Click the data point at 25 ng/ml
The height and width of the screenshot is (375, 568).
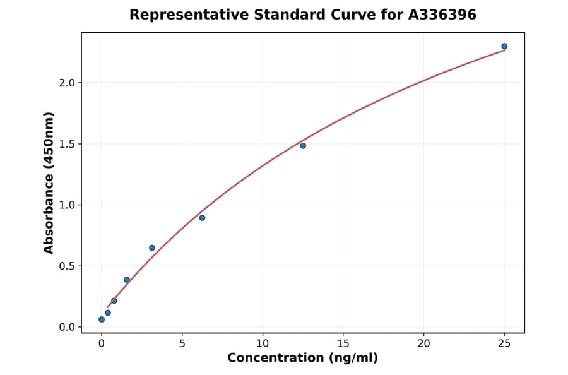tap(504, 46)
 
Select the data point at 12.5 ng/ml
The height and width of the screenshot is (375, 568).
tap(303, 146)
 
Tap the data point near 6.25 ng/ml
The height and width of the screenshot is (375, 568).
tap(202, 218)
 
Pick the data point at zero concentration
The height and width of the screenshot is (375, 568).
tap(102, 319)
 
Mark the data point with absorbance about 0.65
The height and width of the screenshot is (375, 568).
tap(152, 247)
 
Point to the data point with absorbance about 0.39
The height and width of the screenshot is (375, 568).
tap(127, 280)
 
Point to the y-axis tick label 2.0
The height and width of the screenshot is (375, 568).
tap(67, 83)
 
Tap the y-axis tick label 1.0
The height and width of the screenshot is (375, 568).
tap(67, 205)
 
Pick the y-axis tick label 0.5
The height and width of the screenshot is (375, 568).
tap(67, 266)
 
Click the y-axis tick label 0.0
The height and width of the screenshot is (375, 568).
tap(67, 327)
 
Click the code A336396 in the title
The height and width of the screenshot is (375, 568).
tap(442, 15)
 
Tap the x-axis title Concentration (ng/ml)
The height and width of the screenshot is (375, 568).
tap(302, 359)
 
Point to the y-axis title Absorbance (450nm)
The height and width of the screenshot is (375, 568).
tap(49, 182)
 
